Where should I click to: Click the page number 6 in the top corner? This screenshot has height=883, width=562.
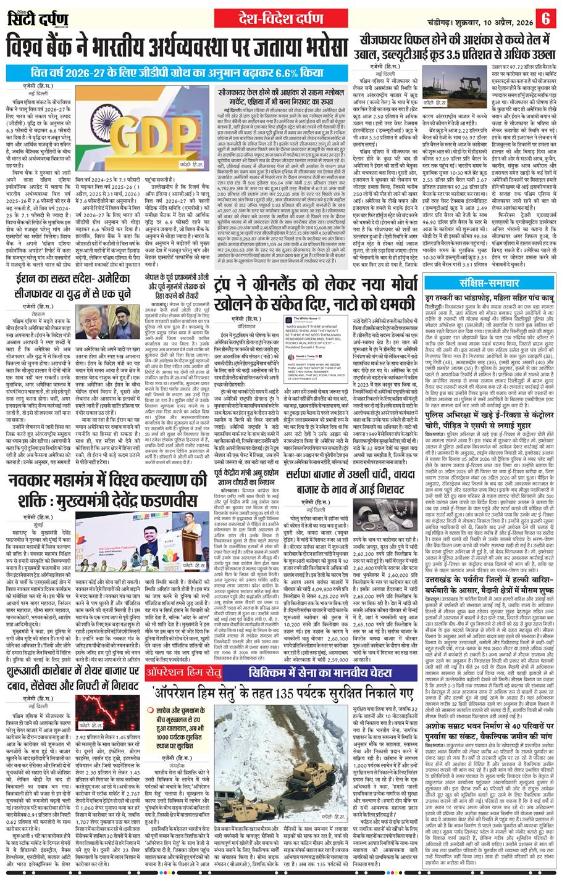click(545, 19)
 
